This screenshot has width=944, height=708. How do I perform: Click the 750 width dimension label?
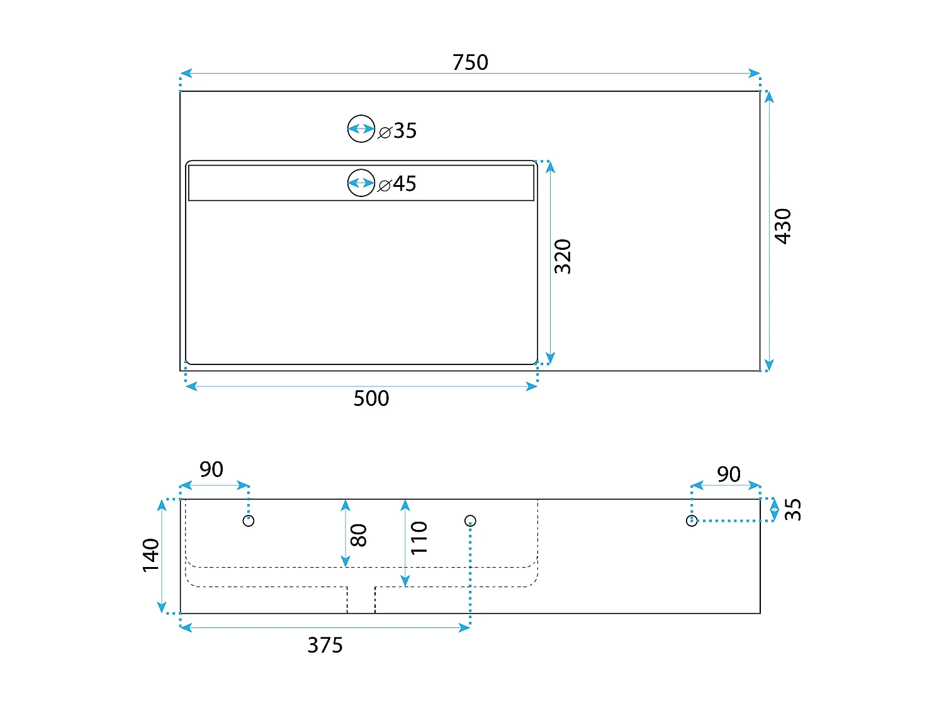coord(470,62)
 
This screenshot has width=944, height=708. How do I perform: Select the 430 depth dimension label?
coord(782,226)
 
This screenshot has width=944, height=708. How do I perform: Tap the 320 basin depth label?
coord(563,256)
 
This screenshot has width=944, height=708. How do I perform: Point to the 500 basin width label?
coord(371,398)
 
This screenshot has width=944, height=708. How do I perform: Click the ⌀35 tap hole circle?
coord(361,129)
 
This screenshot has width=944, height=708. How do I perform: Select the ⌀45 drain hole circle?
coord(361,183)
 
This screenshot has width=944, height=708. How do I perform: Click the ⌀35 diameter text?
coord(398,131)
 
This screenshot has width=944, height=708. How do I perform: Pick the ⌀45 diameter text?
coord(398,184)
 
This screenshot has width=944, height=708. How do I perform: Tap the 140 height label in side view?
coord(151,555)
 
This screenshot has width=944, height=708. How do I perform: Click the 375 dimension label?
coord(325,645)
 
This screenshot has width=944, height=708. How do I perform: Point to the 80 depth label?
coord(358,536)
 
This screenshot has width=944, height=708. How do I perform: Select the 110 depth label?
coord(419,537)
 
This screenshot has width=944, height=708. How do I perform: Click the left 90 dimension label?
coord(211,469)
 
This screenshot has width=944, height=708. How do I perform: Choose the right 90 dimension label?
coord(729,475)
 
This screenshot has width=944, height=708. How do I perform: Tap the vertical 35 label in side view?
coord(794,509)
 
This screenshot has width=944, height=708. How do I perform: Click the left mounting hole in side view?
coord(249,520)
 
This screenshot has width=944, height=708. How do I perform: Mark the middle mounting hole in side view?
coord(470,520)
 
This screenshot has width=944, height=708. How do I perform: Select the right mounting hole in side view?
coord(692,520)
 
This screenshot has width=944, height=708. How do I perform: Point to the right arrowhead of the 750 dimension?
coord(755,74)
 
